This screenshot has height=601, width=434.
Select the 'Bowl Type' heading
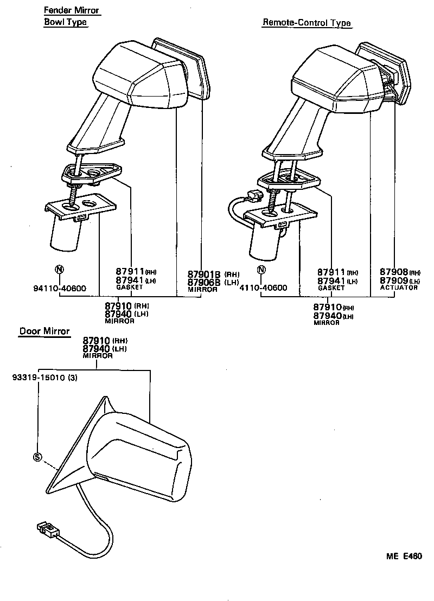click(65, 22)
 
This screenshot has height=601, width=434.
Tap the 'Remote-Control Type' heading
click(307, 23)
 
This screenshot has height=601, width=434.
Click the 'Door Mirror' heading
click(44, 331)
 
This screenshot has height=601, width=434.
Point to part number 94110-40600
click(60, 289)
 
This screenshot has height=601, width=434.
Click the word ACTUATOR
click(399, 287)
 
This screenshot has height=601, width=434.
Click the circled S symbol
click(37, 457)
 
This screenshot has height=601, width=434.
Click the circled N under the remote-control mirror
click(261, 270)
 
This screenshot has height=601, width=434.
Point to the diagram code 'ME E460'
click(404, 556)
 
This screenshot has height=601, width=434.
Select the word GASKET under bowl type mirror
click(129, 287)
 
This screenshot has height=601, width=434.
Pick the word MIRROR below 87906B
click(202, 290)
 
